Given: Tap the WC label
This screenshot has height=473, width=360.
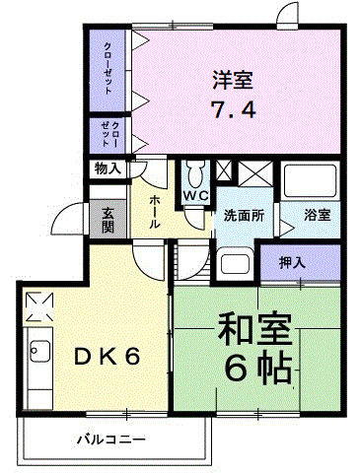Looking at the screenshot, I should tap(193, 196).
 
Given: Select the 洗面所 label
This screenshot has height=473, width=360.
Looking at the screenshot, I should tap(243, 215).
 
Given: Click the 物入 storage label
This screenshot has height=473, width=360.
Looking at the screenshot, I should tap(108, 169).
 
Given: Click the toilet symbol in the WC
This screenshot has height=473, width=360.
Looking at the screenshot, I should tap(193, 173).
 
